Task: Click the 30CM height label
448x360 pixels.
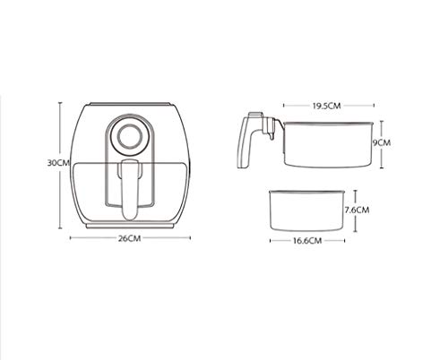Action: click(58, 163)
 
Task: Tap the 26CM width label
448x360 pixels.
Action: click(129, 238)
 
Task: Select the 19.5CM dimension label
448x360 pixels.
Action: click(326, 106)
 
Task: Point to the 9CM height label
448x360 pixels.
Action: click(382, 142)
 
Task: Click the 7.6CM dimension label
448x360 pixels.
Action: click(357, 210)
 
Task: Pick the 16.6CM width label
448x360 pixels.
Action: click(307, 241)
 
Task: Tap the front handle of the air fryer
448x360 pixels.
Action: click(130, 189)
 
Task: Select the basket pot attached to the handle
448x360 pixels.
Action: click(328, 144)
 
